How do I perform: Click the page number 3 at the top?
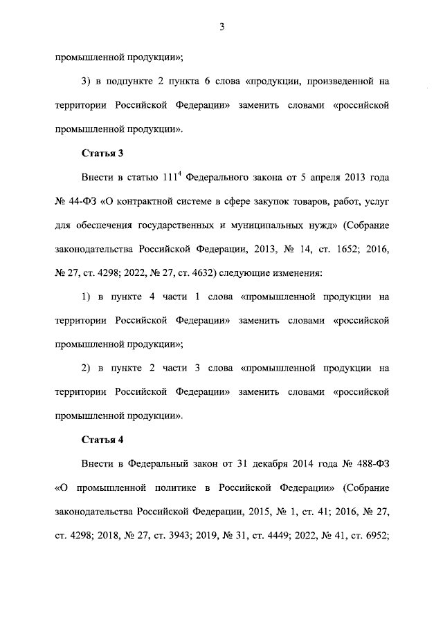(221, 27)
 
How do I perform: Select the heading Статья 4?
(102, 439)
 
